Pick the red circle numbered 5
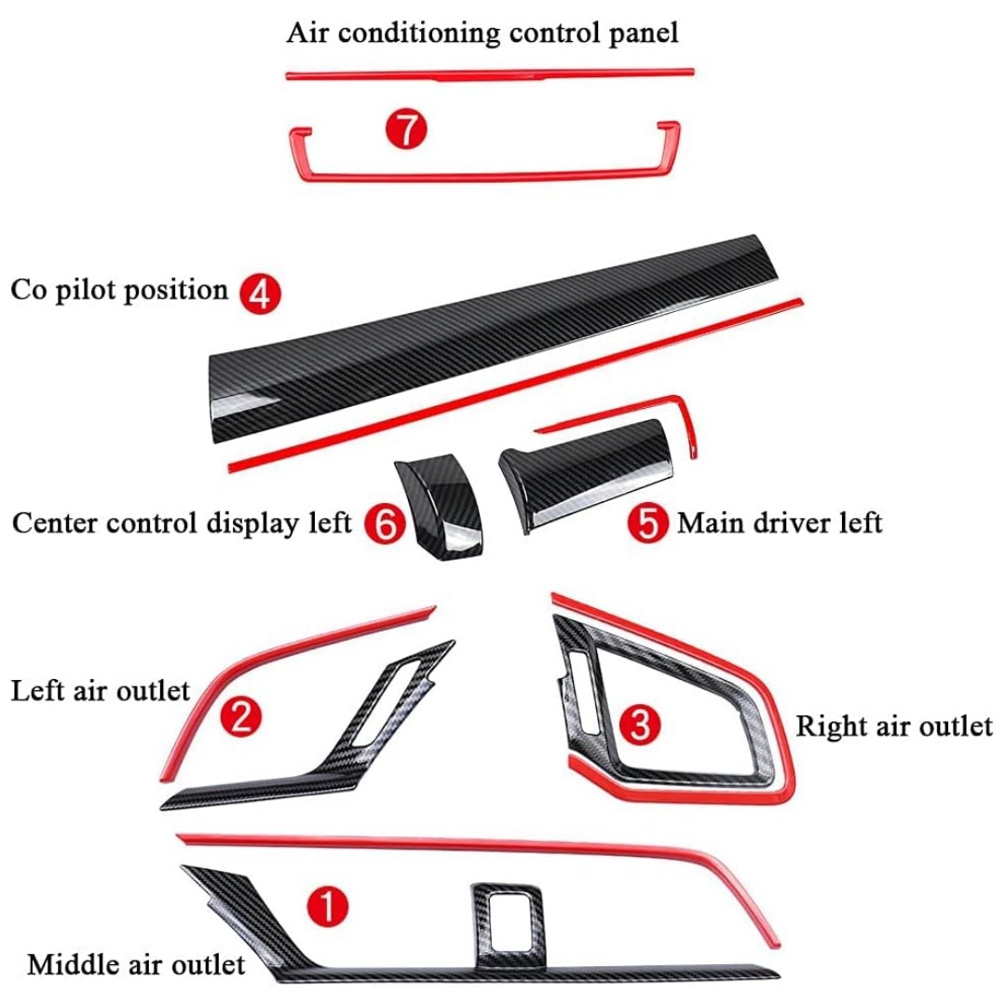(x=647, y=523)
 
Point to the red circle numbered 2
(x=239, y=717)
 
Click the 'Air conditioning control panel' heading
(x=482, y=34)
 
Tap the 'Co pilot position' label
(x=119, y=290)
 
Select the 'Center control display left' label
(x=182, y=523)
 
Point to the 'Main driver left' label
(x=779, y=523)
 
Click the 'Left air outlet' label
(x=100, y=691)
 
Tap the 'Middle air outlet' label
(x=136, y=964)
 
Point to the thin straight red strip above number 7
(x=490, y=73)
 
